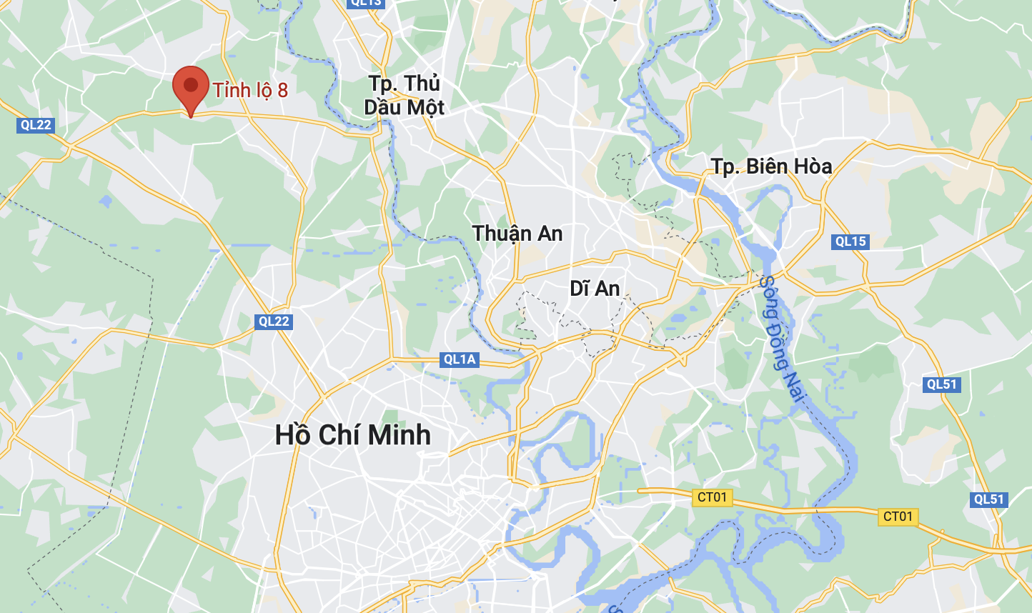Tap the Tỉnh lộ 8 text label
(250, 90)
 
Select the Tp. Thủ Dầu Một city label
(404, 95)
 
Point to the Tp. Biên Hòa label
(771, 166)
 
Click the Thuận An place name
(517, 234)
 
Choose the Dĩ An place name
(595, 289)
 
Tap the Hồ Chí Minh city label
(353, 434)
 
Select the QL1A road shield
(459, 359)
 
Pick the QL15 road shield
(850, 241)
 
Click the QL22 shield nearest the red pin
(36, 125)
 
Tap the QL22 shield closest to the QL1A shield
(274, 322)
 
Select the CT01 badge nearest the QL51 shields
(898, 517)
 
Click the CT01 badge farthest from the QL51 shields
(712, 497)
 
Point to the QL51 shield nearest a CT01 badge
(989, 499)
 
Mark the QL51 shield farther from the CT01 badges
(941, 384)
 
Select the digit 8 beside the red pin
(282, 90)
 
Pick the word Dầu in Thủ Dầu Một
(382, 107)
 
